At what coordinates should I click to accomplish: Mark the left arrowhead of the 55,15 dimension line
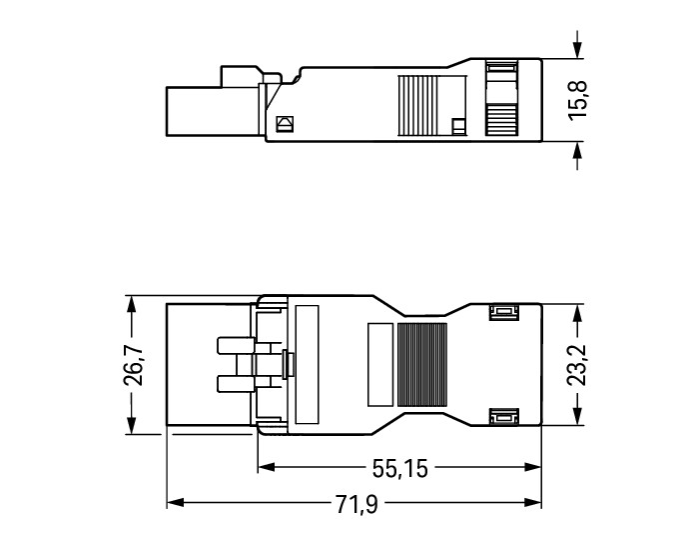point(266,468)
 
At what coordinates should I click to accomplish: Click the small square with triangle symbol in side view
point(284,125)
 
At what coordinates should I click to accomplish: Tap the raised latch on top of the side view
point(239,75)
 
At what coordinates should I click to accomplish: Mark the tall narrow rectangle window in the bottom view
point(307,365)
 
